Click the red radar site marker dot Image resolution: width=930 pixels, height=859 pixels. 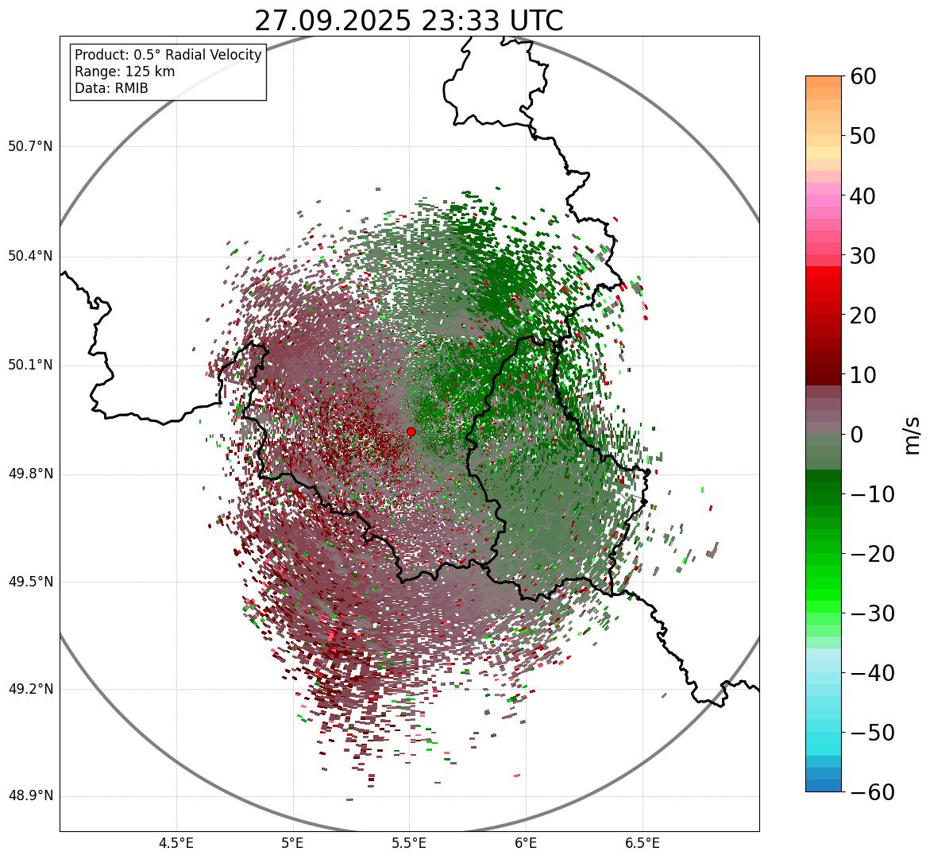[411, 431]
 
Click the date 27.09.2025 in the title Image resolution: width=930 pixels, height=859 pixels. [332, 21]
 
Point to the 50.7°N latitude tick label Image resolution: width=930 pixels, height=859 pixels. [30, 147]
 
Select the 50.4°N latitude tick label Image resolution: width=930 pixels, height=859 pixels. [30, 256]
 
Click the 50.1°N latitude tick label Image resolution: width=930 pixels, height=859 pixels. [30, 366]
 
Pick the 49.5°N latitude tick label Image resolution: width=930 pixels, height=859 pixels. [30, 582]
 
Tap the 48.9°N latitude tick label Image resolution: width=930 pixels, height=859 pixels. [30, 796]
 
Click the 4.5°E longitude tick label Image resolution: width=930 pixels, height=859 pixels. [176, 843]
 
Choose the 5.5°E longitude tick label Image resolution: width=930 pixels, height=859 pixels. [409, 843]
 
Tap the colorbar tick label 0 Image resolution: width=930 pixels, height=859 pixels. [857, 435]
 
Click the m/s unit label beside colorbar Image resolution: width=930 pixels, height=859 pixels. [912, 435]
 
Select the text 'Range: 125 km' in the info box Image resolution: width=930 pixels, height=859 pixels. [125, 72]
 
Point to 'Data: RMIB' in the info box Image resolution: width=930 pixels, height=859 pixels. [111, 88]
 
